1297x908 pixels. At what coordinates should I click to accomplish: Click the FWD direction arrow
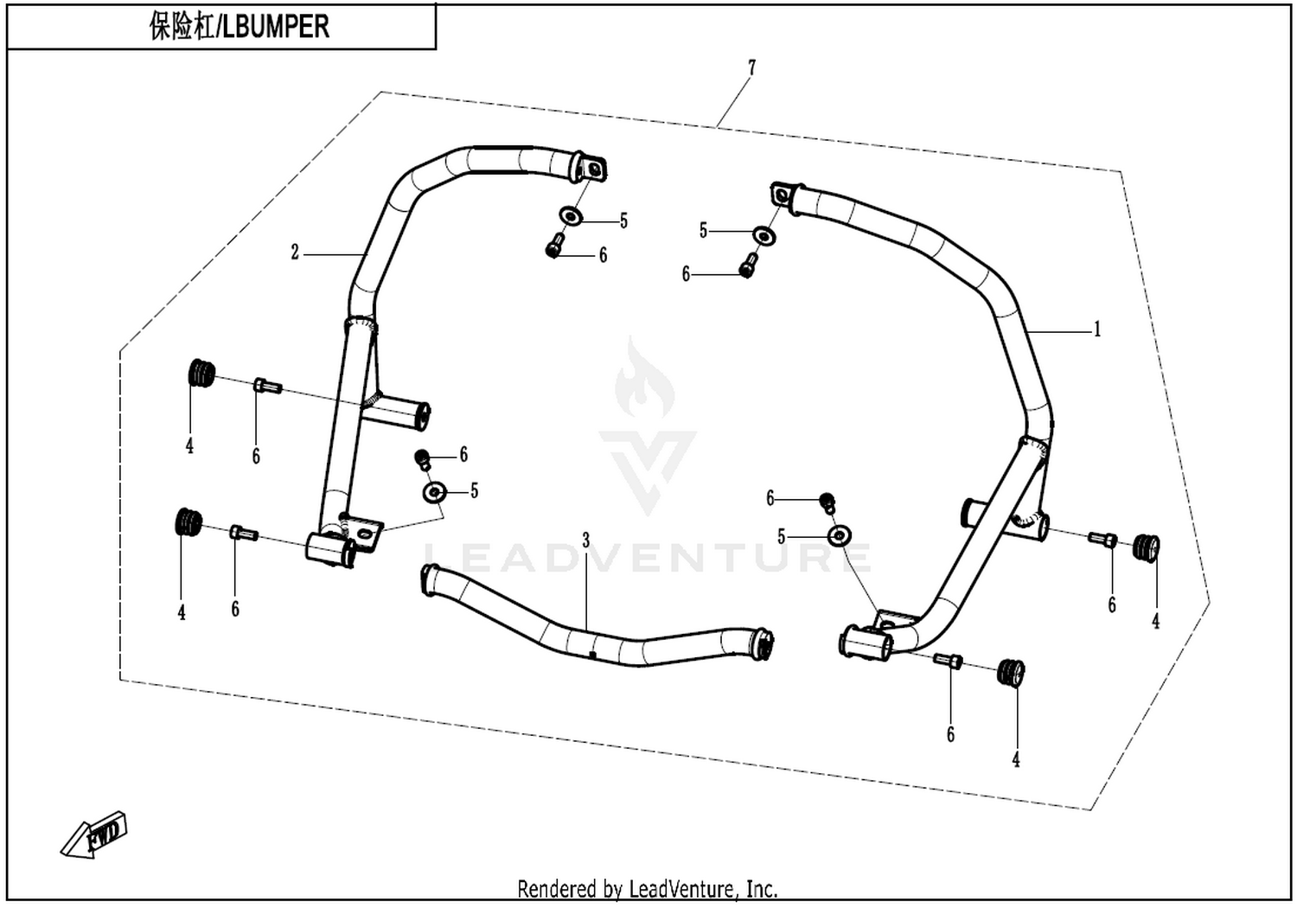click(93, 835)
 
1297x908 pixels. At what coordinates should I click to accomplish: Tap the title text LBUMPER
click(276, 27)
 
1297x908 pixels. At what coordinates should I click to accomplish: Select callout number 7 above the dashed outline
click(751, 67)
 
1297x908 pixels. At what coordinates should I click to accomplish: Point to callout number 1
click(1096, 329)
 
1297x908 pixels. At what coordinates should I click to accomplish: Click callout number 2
click(295, 253)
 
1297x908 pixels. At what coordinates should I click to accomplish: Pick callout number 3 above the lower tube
click(586, 540)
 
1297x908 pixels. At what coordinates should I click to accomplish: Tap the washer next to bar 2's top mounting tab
click(571, 216)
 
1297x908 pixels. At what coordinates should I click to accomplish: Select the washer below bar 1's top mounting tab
click(764, 235)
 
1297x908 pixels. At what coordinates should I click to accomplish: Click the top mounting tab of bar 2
click(591, 169)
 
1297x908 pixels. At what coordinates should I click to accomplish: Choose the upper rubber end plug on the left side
click(202, 373)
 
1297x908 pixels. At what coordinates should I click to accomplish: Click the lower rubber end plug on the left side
click(188, 522)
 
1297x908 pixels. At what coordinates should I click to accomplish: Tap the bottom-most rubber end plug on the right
click(1011, 673)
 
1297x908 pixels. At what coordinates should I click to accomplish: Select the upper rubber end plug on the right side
click(1146, 547)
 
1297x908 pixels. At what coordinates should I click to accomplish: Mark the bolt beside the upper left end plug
click(267, 386)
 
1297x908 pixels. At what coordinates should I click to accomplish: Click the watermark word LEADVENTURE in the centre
click(648, 557)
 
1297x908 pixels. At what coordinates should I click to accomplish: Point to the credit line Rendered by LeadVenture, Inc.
click(648, 888)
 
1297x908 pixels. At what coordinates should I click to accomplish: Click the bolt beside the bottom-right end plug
click(948, 660)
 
